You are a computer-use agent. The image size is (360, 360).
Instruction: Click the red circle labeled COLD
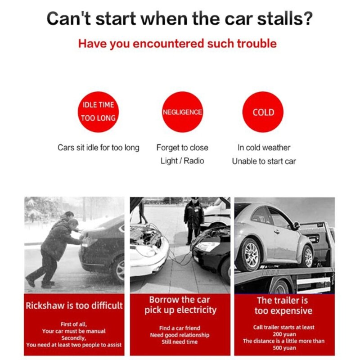pyautogui.click(x=263, y=112)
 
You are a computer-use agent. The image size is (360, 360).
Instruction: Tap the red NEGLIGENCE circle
pyautogui.click(x=183, y=112)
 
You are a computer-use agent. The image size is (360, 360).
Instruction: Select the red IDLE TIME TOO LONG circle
pyautogui.click(x=98, y=112)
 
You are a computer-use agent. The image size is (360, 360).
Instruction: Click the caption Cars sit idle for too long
pyautogui.click(x=98, y=148)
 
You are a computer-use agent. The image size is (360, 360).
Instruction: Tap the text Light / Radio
pyautogui.click(x=182, y=161)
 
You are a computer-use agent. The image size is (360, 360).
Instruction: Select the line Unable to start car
pyautogui.click(x=264, y=162)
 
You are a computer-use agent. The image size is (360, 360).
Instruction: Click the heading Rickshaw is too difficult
pyautogui.click(x=74, y=306)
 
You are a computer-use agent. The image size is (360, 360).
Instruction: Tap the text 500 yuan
pyautogui.click(x=284, y=348)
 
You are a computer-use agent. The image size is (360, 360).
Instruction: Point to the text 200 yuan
pyautogui.click(x=284, y=334)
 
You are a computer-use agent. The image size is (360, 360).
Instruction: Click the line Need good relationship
pyautogui.click(x=180, y=335)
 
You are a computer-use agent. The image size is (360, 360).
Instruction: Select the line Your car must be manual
pyautogui.click(x=74, y=331)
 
